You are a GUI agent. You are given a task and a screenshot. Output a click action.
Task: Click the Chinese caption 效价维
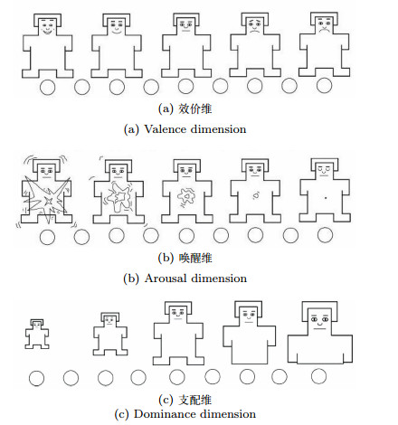tap(195, 109)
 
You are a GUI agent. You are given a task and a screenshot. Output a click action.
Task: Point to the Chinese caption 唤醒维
tap(195, 258)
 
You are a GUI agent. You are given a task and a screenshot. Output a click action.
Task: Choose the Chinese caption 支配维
tap(195, 400)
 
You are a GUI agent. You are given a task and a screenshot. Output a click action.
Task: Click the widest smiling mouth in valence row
tap(47, 31)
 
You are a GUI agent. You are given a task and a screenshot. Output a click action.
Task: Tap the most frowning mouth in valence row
tap(325, 30)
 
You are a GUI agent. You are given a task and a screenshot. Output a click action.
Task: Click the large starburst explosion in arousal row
tap(46, 199)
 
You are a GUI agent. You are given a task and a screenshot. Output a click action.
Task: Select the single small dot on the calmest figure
tap(326, 198)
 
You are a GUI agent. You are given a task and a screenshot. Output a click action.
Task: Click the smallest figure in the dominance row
tap(37, 334)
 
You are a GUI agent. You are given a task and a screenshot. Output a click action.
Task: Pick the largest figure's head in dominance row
tap(319, 318)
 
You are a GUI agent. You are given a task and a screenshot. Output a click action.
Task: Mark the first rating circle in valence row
tap(47, 87)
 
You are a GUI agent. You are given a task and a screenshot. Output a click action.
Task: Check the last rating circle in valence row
tap(325, 85)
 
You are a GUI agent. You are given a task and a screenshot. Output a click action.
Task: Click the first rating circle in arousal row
tap(47, 237)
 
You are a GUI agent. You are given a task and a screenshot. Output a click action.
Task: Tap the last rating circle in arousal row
tap(325, 235)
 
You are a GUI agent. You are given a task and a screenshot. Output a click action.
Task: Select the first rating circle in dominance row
tap(36, 378)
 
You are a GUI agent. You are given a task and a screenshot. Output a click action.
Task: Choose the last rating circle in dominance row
tap(318, 376)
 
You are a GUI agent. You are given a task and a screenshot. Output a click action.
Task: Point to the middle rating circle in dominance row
tap(177, 377)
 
